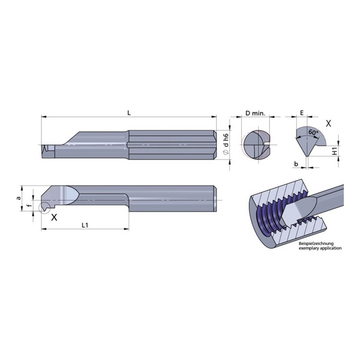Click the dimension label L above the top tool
[128, 112]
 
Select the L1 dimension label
[84, 224]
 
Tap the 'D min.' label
[255, 113]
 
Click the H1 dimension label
[335, 152]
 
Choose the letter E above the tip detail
[302, 113]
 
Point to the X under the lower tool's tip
[55, 217]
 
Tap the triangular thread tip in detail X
[306, 144]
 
